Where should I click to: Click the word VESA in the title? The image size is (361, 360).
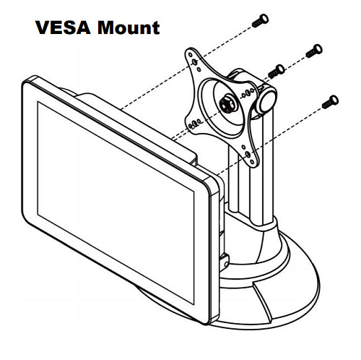tap(63, 27)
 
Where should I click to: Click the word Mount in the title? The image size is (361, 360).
tap(129, 27)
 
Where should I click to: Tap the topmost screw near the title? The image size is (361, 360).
tap(260, 21)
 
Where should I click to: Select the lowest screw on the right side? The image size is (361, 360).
tap(330, 102)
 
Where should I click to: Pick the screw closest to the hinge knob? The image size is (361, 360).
tap(277, 72)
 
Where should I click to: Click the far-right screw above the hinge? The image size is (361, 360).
tap(314, 51)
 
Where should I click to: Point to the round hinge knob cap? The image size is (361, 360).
tap(266, 100)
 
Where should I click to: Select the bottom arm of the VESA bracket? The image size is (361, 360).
tap(248, 153)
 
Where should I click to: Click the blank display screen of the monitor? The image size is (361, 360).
tap(116, 202)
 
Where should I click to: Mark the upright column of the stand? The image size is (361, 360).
tap(251, 168)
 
